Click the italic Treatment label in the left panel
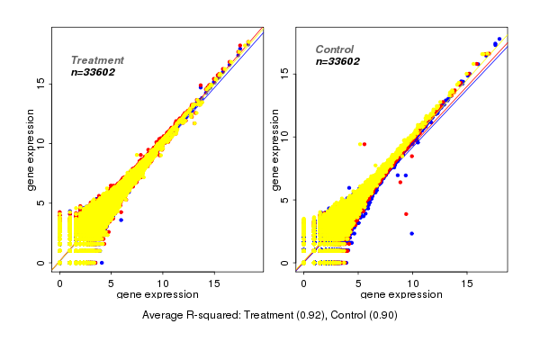click(x=97, y=60)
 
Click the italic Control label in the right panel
click(x=334, y=49)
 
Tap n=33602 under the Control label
click(x=337, y=61)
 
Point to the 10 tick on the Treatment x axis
click(x=164, y=283)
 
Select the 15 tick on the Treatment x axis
click(x=215, y=283)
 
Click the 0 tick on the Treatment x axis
click(x=60, y=283)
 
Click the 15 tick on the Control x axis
click(x=467, y=283)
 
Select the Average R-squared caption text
click(x=270, y=315)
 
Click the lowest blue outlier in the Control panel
click(x=412, y=233)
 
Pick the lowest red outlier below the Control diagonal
click(x=406, y=214)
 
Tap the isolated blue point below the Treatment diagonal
click(x=121, y=220)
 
